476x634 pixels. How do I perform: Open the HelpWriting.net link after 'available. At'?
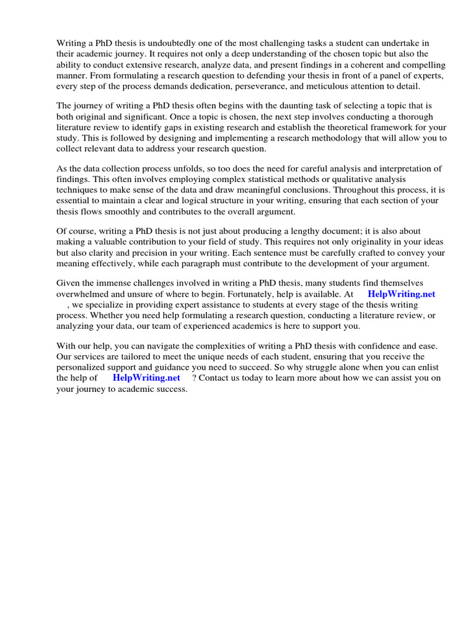(401, 294)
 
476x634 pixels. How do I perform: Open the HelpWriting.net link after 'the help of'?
(146, 378)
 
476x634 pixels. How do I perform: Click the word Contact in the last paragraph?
(216, 378)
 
